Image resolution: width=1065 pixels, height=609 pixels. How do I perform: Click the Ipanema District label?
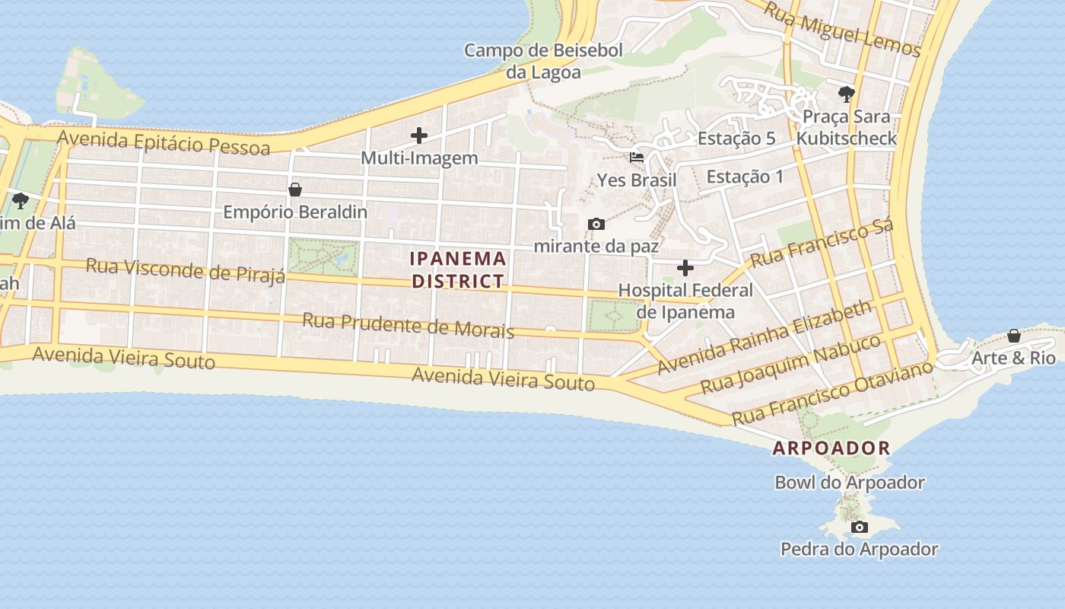(458, 269)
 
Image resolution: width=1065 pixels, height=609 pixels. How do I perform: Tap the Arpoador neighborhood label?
(831, 448)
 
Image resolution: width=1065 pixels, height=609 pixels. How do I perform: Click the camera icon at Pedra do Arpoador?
(859, 527)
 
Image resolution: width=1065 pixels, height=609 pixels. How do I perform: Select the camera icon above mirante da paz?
(596, 224)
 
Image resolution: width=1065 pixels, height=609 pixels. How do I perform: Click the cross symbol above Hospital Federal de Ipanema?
(685, 268)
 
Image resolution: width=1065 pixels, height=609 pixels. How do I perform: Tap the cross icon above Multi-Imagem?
(419, 136)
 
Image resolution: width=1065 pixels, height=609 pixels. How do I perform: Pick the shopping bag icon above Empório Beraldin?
(295, 190)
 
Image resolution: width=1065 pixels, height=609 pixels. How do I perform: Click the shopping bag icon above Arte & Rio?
(1014, 336)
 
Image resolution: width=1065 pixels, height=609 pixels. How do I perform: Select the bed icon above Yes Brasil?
(637, 158)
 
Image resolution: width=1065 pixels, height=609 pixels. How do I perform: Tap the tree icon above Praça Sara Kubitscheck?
(846, 94)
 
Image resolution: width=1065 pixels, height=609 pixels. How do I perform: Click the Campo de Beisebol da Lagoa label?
(543, 61)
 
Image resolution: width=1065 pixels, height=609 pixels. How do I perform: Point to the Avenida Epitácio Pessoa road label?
(164, 142)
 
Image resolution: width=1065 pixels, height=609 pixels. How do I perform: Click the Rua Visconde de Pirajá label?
(186, 270)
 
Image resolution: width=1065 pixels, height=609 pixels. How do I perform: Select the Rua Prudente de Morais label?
(408, 325)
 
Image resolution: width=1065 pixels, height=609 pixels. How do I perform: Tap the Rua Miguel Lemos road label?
(842, 30)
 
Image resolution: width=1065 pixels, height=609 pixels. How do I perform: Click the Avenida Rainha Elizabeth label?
(764, 337)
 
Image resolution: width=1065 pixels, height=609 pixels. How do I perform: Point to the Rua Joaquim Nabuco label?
(790, 363)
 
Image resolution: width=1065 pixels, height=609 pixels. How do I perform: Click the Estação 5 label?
(736, 139)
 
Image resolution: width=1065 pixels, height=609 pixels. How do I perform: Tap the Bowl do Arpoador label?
(849, 483)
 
